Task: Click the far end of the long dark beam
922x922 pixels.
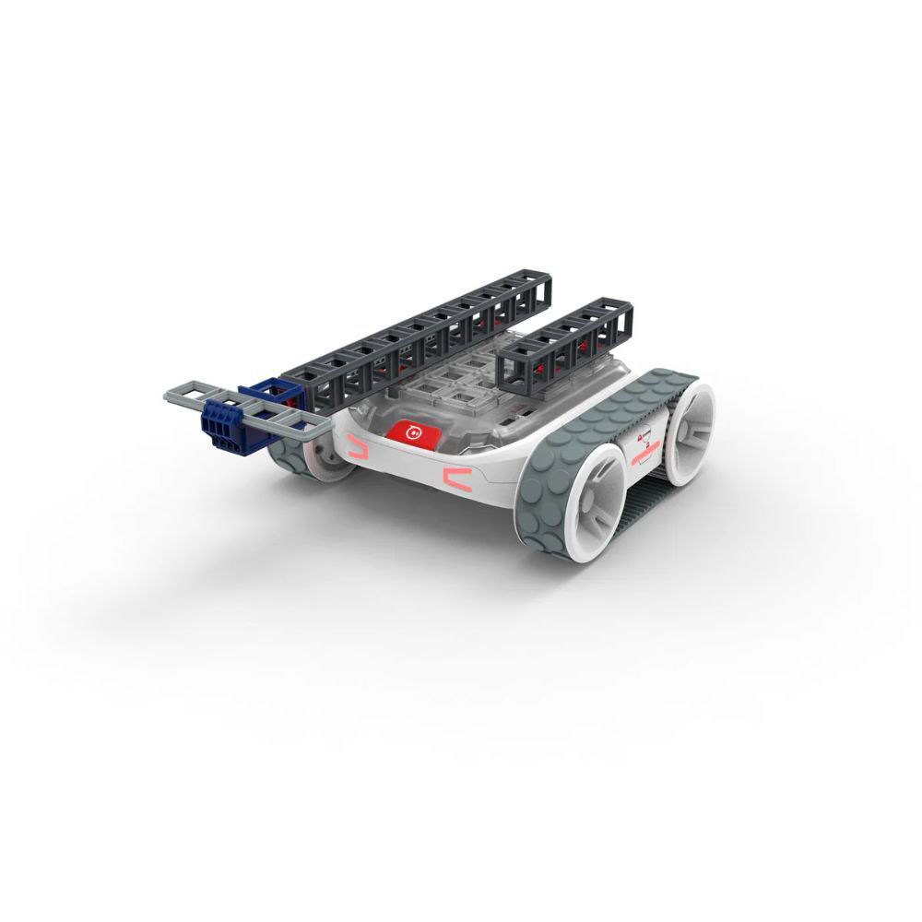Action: (x=535, y=290)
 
